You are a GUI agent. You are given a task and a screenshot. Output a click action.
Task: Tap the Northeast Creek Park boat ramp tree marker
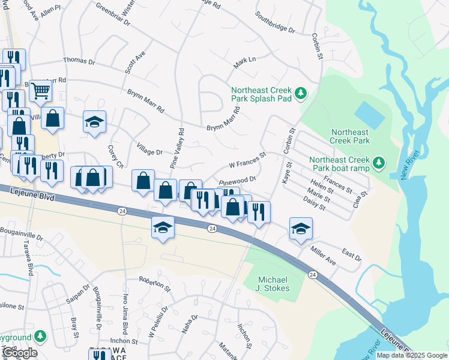378,162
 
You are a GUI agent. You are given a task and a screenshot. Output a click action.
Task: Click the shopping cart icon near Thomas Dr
41,91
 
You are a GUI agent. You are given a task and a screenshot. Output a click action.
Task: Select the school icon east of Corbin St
301,228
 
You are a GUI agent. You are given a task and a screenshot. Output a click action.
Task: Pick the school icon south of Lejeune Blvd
162,227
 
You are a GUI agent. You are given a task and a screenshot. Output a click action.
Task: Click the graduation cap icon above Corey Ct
94,122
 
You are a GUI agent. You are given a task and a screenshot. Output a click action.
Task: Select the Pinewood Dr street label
237,180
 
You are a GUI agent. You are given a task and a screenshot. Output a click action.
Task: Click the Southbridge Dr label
275,22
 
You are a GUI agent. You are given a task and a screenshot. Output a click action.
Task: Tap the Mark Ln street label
245,61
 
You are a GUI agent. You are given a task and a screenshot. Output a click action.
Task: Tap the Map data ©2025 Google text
411,355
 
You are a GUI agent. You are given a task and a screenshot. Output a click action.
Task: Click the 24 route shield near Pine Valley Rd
122,211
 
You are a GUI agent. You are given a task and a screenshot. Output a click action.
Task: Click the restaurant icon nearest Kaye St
259,211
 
